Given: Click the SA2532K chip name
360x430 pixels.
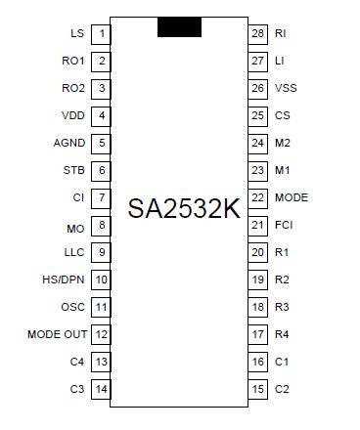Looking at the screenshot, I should (x=184, y=207).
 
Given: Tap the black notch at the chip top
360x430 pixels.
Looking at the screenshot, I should (x=179, y=26).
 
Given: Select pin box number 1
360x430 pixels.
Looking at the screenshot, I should (x=101, y=33).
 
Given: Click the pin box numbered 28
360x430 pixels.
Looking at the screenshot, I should (x=258, y=33).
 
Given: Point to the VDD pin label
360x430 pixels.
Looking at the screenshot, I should (x=73, y=115).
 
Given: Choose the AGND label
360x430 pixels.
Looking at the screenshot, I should (x=69, y=143).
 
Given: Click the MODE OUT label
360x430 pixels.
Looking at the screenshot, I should (x=58, y=334).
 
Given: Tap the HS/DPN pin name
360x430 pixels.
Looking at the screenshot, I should (x=66, y=279).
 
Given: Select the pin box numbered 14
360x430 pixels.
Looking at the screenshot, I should (x=101, y=389).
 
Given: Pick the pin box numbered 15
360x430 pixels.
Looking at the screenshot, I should (x=258, y=389).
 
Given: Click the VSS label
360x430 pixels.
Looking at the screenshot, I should (x=285, y=88).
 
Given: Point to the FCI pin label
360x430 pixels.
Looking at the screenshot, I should (x=284, y=225).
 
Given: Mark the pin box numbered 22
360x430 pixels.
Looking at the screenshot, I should (x=258, y=197).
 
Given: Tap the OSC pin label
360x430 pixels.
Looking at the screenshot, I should (x=73, y=307).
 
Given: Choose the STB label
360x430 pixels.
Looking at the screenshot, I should (x=73, y=170).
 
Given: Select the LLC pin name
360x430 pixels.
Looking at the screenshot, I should (x=74, y=252).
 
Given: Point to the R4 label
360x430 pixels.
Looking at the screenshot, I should (x=282, y=334).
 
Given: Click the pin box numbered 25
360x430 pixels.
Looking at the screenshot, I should (x=258, y=115).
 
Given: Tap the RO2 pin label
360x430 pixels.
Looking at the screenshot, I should (x=73, y=88).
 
